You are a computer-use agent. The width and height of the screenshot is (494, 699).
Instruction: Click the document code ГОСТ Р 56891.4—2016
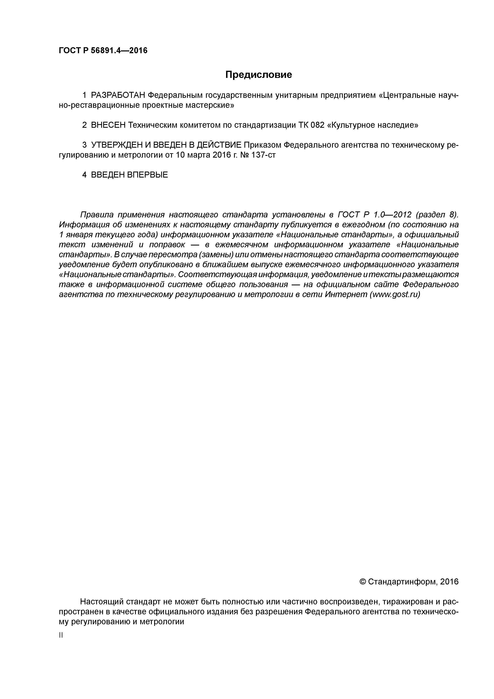click(103, 51)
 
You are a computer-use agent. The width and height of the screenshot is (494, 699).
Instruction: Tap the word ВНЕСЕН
click(108, 125)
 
